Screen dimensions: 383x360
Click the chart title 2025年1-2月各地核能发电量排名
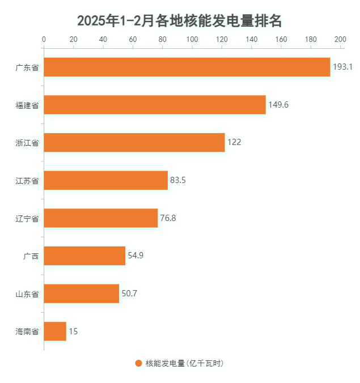point(180,21)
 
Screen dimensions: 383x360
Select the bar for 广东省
point(187,67)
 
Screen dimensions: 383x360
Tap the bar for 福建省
point(154,105)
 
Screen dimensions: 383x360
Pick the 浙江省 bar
point(134,142)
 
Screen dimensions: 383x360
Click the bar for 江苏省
point(105,180)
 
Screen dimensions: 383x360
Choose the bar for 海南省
point(55,331)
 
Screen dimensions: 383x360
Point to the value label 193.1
point(342,67)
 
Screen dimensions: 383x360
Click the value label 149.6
point(278,105)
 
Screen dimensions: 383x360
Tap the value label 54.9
point(135,256)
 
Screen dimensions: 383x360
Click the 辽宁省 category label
point(27,218)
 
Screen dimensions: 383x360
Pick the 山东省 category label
point(27,293)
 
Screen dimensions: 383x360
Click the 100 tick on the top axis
point(192,39)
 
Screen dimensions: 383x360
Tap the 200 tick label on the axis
point(340,39)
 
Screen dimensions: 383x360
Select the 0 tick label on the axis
point(44,39)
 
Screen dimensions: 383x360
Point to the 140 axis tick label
point(251,39)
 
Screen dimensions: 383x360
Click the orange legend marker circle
point(138,363)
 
